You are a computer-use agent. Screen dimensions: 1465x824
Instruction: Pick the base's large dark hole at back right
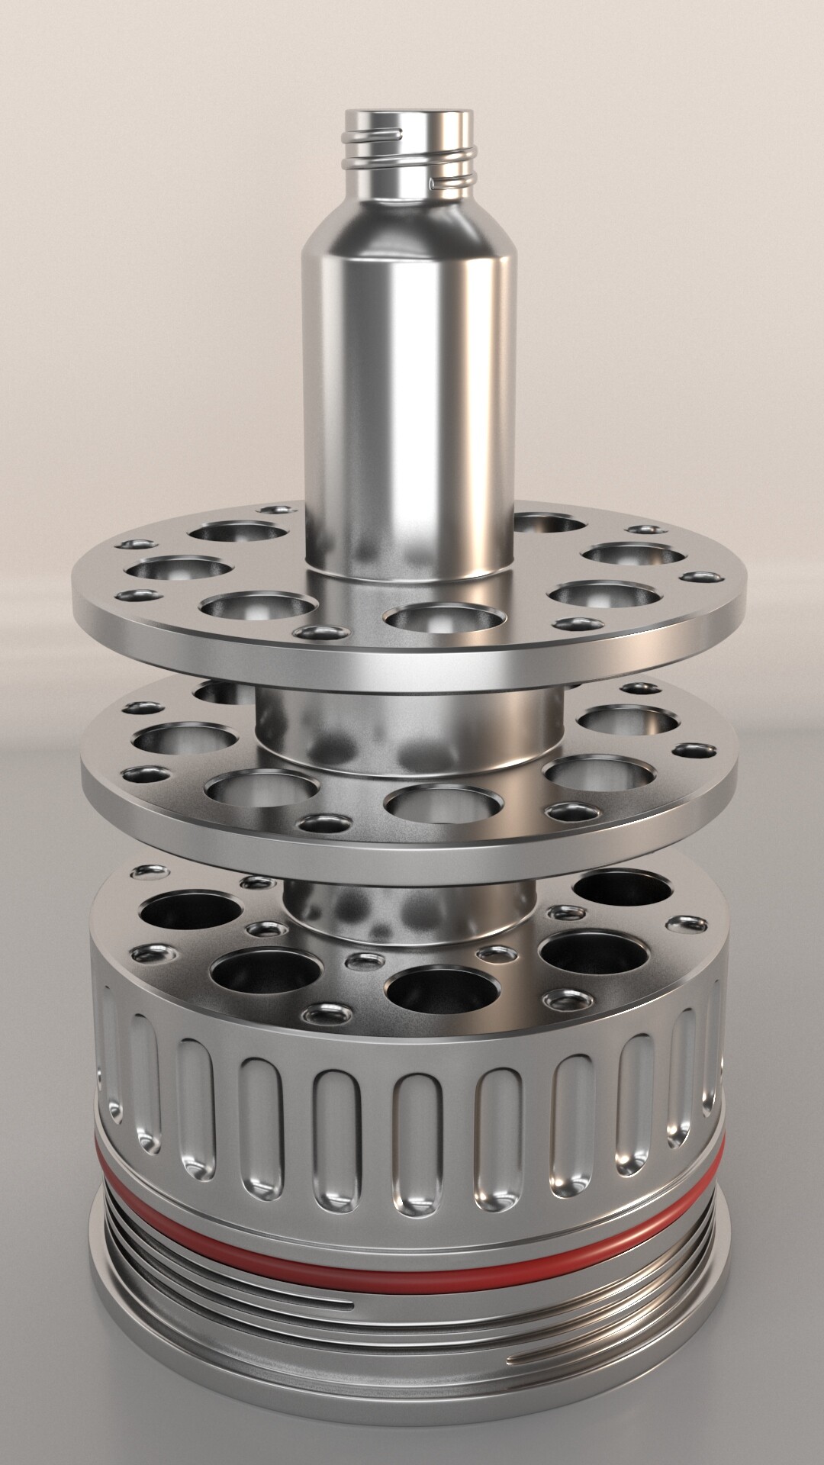(622, 889)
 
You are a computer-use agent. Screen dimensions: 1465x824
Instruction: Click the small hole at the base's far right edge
(685, 925)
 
